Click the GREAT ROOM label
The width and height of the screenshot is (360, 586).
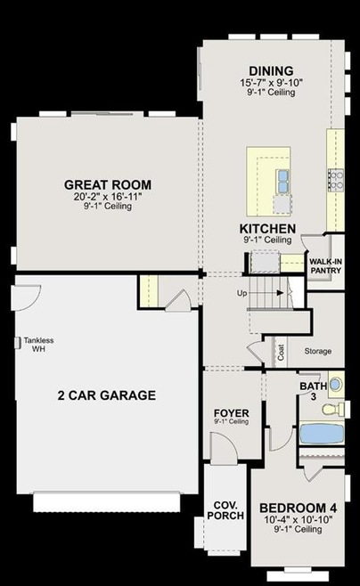click(108, 184)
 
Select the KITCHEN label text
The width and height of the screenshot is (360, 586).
click(267, 228)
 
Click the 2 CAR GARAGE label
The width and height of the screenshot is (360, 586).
click(107, 395)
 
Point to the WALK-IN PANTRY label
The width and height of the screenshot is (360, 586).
click(326, 265)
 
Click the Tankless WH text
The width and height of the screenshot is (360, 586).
click(38, 345)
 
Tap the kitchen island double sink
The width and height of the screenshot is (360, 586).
click(283, 181)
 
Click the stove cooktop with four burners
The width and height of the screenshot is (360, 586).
click(336, 180)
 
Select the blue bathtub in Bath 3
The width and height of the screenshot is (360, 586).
click(322, 434)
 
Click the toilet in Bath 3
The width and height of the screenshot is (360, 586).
click(333, 410)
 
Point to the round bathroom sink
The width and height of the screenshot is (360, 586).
click(336, 385)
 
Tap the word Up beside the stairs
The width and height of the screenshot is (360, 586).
click(241, 293)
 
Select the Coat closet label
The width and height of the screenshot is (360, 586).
click(281, 352)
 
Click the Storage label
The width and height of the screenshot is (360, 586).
click(318, 351)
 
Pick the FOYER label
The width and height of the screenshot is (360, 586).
click(231, 413)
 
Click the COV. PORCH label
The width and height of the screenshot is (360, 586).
click(225, 510)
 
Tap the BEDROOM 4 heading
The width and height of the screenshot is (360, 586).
click(298, 508)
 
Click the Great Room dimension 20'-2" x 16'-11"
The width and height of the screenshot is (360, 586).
click(108, 197)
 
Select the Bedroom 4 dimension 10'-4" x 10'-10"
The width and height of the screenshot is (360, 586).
click(298, 519)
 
